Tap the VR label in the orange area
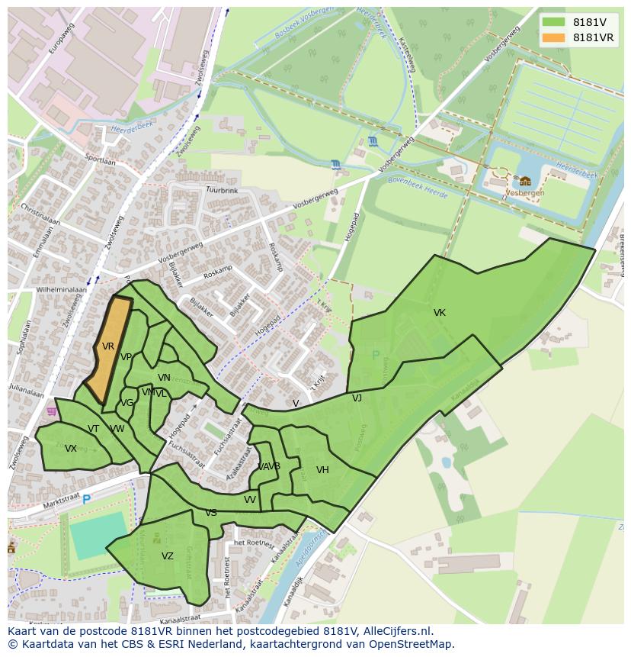pyautogui.click(x=108, y=346)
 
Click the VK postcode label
pyautogui.click(x=440, y=313)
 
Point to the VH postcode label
pyautogui.click(x=322, y=470)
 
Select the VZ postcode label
pyautogui.click(x=168, y=556)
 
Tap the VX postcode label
pyautogui.click(x=71, y=449)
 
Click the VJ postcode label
pyautogui.click(x=357, y=398)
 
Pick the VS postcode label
pyautogui.click(x=211, y=513)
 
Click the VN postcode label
pyautogui.click(x=164, y=378)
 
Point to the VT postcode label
pyautogui.click(x=93, y=429)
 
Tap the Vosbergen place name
pyautogui.click(x=525, y=194)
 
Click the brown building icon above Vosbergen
pyautogui.click(x=525, y=181)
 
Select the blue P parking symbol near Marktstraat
pyautogui.click(x=86, y=499)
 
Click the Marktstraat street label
pyautogui.click(x=40, y=504)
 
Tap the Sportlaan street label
pyautogui.click(x=100, y=161)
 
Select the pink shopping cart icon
pyautogui.click(x=51, y=411)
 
